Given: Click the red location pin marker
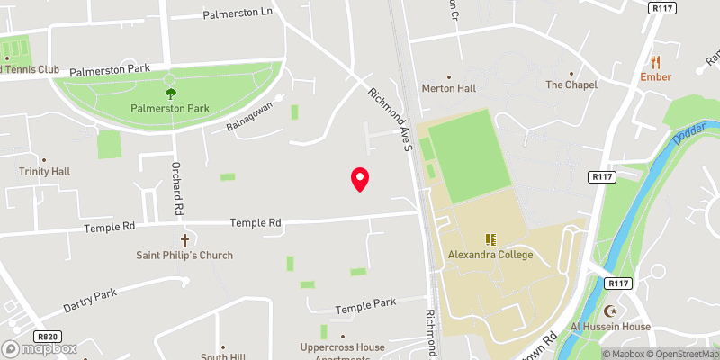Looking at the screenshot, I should pos(360,178).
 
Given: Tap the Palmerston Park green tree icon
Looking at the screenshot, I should pos(170,92).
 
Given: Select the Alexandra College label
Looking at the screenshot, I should pos(490,255).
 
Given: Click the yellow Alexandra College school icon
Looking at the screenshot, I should pos(490,239).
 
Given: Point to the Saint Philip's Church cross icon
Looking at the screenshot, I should pos(184,240).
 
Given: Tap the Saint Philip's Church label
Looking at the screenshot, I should pos(184,256).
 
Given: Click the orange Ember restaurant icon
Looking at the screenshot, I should pos(656,62).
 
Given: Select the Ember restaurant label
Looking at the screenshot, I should pos(656,77).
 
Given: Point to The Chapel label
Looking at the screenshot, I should pos(571,85).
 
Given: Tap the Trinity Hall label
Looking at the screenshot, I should pos(44,171).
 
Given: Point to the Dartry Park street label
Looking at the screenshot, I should pos(92,294).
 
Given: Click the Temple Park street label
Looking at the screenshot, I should pos(365,308).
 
